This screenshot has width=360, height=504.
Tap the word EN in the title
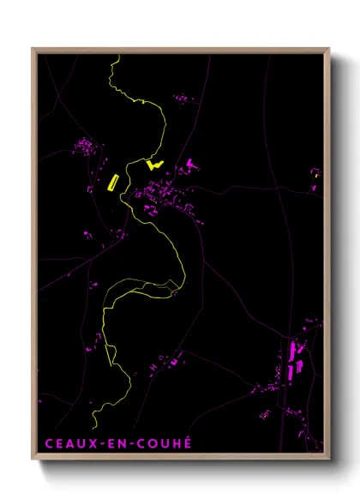point(114,443)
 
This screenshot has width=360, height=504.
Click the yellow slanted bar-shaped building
point(111,181)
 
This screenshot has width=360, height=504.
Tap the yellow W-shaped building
point(154,163)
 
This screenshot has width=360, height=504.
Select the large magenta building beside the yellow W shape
point(188,164)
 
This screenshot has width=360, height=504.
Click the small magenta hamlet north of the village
point(184,101)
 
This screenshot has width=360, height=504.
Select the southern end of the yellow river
point(93,426)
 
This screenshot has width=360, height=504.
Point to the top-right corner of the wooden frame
point(329,49)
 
